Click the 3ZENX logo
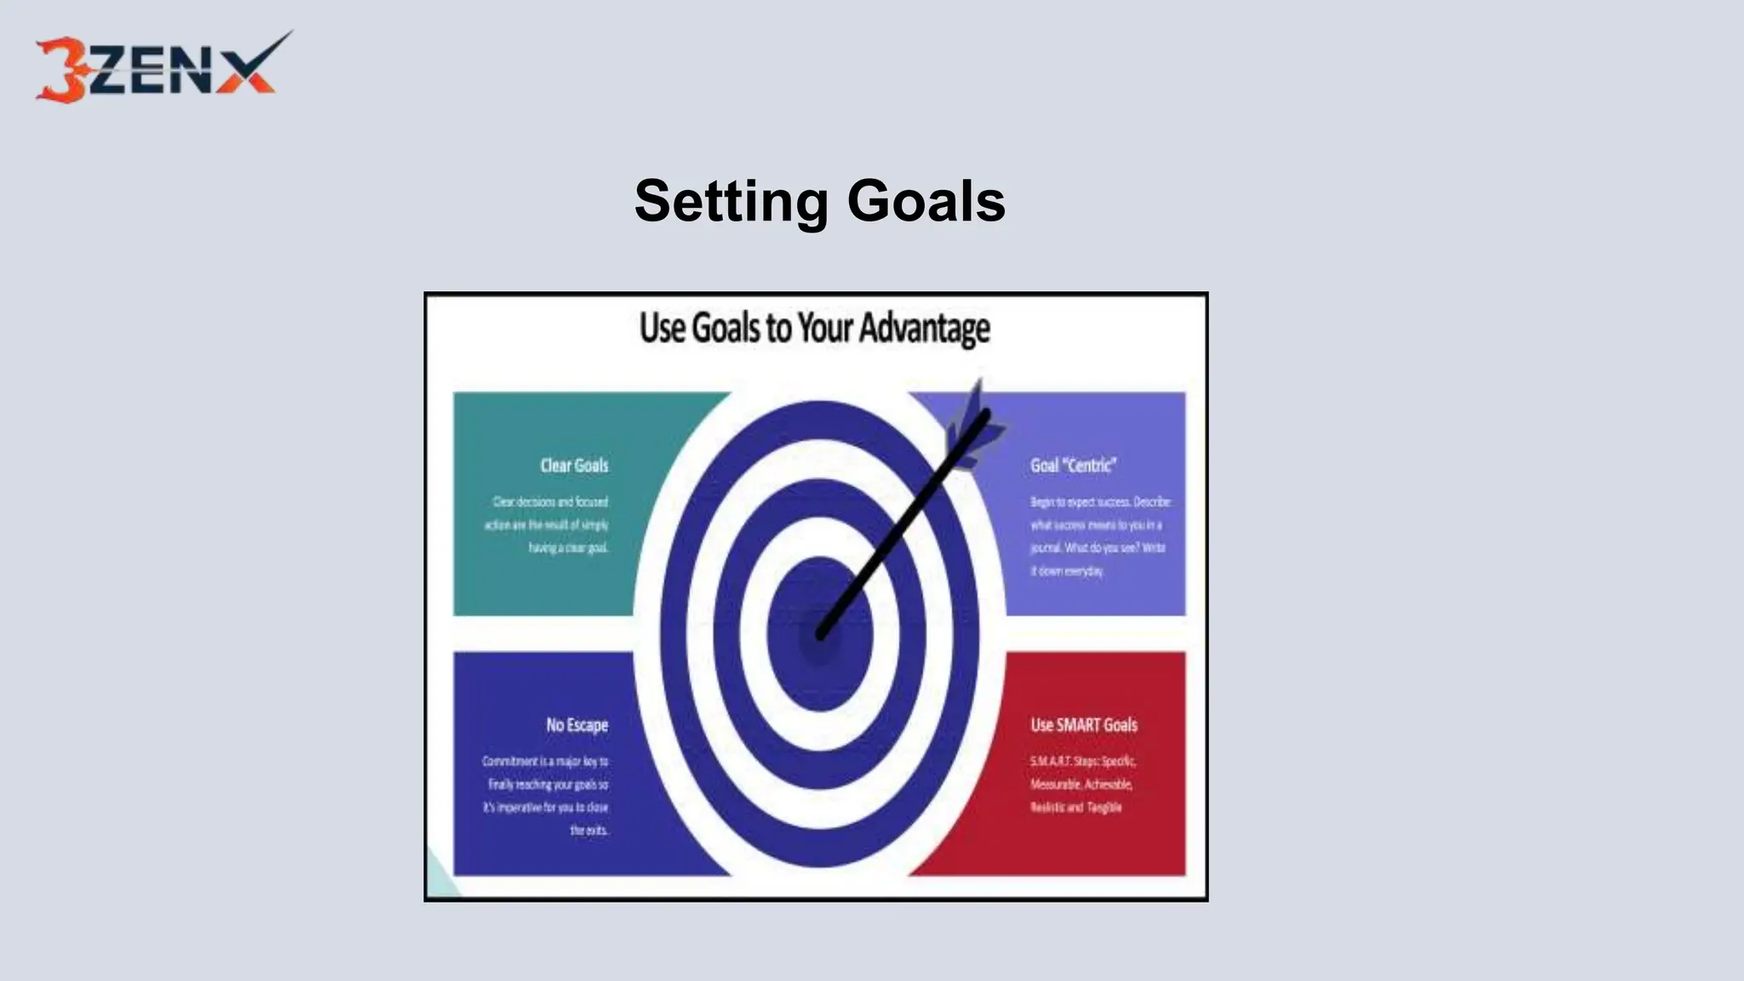coord(162,68)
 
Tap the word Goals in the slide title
coord(926,202)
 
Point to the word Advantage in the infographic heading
coord(924,329)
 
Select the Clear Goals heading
coord(574,466)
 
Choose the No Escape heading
coord(577,725)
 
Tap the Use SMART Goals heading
coord(1083,725)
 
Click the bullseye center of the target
coord(819,634)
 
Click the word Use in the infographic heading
coord(662,329)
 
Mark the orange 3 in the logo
coord(60,72)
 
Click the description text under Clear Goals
coord(548,525)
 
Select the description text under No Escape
coord(546,795)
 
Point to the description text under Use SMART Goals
coord(1081,784)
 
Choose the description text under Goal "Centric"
coord(1099,536)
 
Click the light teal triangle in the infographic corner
coord(438,881)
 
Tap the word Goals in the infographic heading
coord(726,329)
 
